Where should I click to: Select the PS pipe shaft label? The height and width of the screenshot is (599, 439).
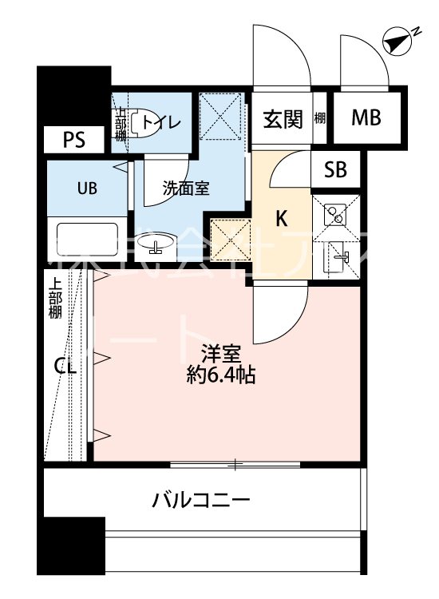(x=75, y=141)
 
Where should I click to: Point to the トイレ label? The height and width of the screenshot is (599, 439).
(x=162, y=122)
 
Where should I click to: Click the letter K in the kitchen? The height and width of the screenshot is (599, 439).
(x=282, y=219)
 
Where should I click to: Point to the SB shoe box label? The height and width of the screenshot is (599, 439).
(x=335, y=170)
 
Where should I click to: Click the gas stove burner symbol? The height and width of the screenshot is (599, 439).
(x=334, y=213)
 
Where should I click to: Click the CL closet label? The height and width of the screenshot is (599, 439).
(x=65, y=367)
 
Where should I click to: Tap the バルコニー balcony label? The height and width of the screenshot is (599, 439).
(x=202, y=502)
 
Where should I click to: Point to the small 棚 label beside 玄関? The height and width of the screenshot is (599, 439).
(x=319, y=119)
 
